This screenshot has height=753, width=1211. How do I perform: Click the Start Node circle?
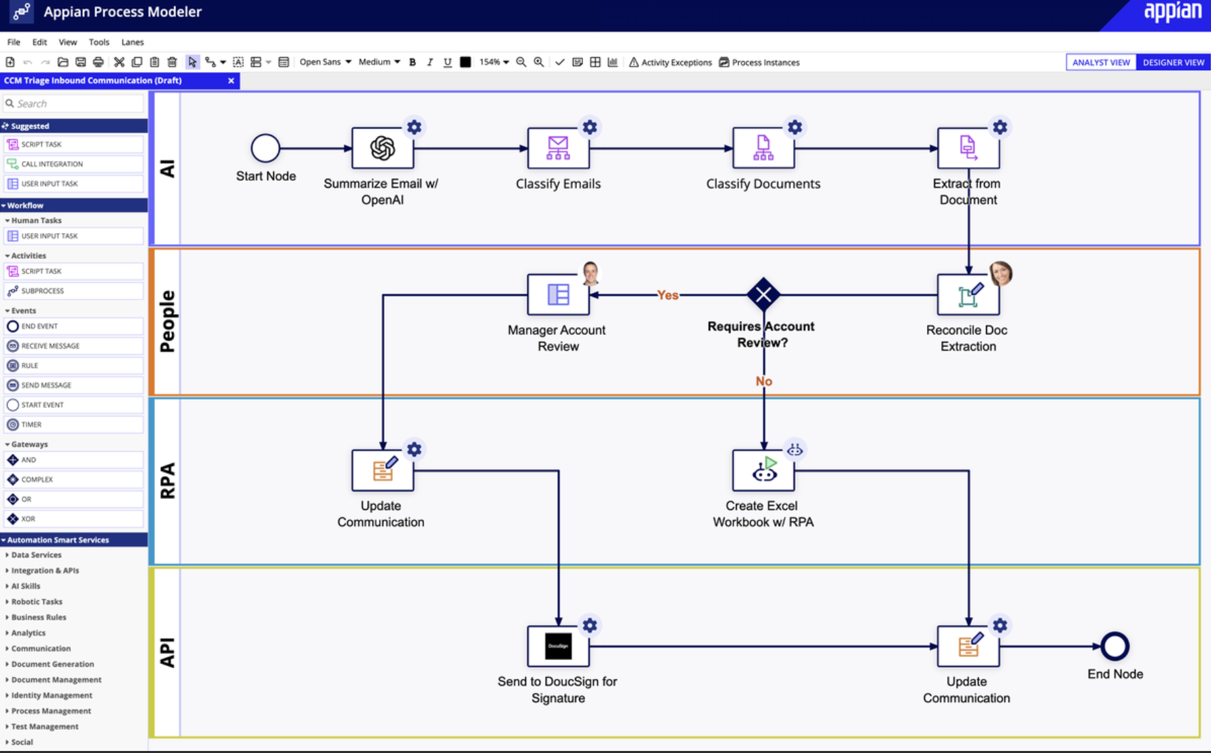tap(265, 147)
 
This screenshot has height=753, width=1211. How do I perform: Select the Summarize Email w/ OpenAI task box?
tap(382, 147)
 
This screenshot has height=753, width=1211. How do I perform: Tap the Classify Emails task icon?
tap(558, 147)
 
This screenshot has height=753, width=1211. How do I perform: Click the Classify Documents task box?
tap(762, 147)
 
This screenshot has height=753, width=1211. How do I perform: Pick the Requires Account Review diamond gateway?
tap(763, 294)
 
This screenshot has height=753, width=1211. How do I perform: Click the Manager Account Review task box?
tap(558, 294)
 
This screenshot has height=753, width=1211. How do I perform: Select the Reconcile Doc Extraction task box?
tap(968, 294)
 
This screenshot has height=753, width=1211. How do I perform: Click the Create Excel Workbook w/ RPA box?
tap(762, 470)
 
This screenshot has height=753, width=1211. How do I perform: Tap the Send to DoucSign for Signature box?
tap(558, 646)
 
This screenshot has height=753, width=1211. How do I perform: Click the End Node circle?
tap(1115, 646)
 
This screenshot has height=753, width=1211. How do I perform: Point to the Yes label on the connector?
tap(667, 295)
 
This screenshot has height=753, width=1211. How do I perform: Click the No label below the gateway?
tap(764, 381)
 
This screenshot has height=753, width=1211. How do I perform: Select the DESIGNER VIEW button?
tap(1173, 62)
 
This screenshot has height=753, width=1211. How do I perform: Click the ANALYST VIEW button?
tap(1101, 62)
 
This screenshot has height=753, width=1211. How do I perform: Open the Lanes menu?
tap(132, 42)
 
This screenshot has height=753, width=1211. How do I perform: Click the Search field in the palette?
tap(75, 103)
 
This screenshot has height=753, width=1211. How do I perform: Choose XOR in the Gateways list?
tap(28, 519)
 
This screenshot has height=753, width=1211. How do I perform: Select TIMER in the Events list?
tap(31, 424)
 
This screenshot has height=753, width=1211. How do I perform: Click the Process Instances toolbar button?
tap(759, 62)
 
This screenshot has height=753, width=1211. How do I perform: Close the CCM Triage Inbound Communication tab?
tap(231, 80)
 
